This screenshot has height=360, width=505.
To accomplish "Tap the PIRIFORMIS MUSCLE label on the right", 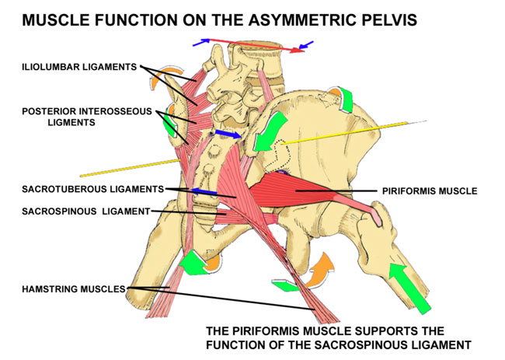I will pyautogui.click(x=429, y=190).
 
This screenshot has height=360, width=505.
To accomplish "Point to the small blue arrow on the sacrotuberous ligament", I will pyautogui.click(x=204, y=191).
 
